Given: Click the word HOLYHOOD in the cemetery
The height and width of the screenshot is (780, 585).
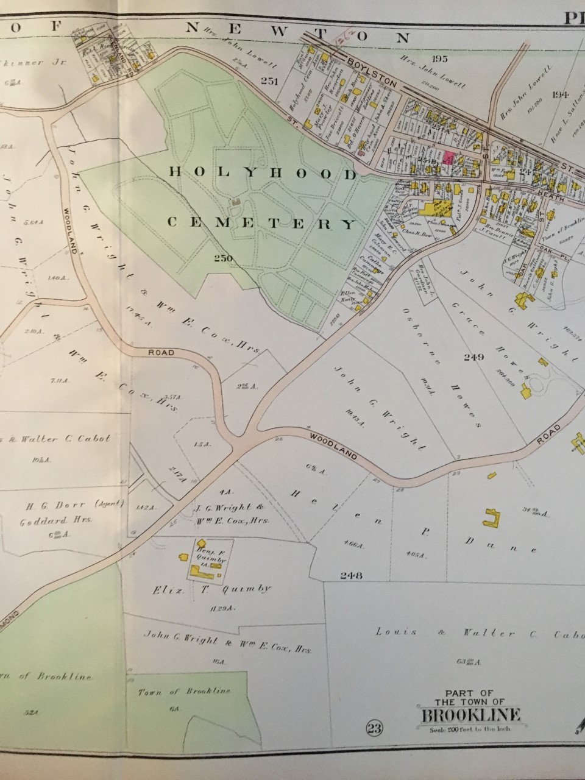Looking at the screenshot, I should [x=261, y=174].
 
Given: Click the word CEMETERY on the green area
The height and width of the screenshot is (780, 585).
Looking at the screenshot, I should [x=261, y=223].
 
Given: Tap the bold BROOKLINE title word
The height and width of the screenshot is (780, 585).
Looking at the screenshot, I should [x=468, y=715].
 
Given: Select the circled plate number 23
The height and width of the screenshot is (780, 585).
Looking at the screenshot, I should [x=374, y=726].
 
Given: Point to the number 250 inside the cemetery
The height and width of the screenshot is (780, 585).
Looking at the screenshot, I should [x=224, y=258].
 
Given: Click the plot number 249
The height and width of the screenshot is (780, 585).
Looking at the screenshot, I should [x=473, y=356].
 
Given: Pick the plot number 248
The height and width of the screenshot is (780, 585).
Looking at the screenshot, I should [x=352, y=575].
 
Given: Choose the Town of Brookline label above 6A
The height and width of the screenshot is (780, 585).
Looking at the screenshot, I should [x=184, y=691].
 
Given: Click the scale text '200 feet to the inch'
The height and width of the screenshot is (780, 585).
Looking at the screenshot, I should [x=467, y=729].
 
